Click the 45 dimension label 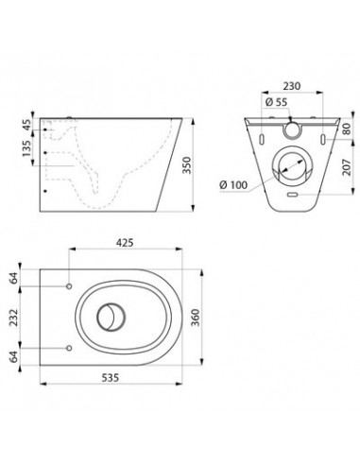click(x=27, y=124)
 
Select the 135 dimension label click(x=27, y=151)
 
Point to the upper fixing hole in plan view click(x=71, y=285)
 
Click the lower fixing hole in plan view click(x=71, y=348)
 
